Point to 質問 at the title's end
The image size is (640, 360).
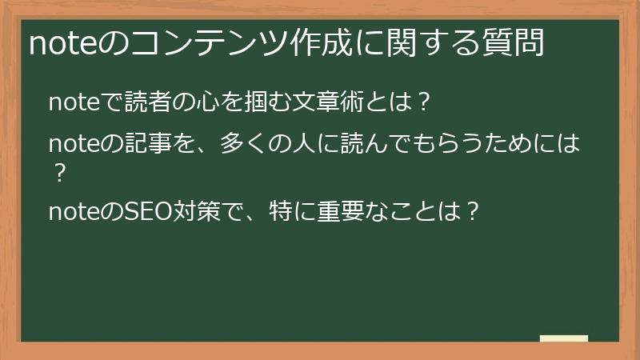coord(518,44)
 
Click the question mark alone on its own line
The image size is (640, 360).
coord(57,173)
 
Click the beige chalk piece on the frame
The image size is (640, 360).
coord(563,339)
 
